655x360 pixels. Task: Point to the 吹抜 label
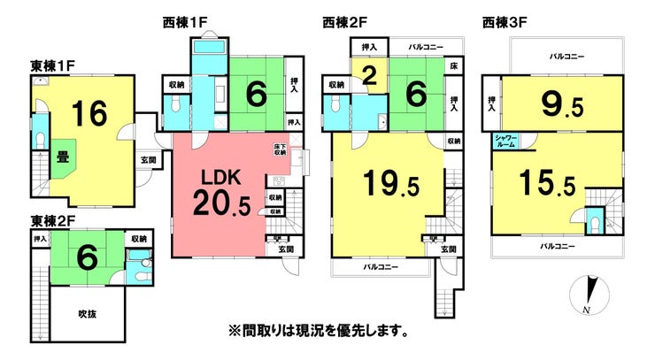pos(86,312)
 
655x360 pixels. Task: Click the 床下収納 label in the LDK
pos(280,151)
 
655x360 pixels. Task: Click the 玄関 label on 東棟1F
pos(148,159)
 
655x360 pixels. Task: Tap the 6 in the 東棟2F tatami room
pos(86,257)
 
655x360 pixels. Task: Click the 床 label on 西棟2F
pos(453,66)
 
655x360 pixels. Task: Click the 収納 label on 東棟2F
pos(139,239)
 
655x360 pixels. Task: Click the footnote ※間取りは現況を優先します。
pos(318,332)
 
